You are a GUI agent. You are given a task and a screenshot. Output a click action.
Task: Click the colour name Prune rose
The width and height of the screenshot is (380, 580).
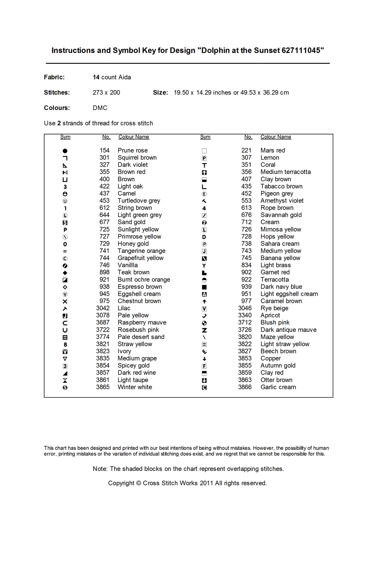[132, 150]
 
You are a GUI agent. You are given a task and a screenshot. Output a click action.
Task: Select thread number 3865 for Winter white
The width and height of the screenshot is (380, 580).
[103, 387]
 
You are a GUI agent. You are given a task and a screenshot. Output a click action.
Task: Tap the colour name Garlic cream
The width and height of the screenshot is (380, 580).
[278, 387]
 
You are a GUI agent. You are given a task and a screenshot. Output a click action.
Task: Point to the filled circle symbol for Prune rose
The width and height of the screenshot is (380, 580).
[65, 151]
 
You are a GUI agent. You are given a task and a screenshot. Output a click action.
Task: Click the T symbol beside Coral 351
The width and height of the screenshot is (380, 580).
[204, 165]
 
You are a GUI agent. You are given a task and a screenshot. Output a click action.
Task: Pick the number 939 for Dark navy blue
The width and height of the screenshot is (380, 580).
[246, 287]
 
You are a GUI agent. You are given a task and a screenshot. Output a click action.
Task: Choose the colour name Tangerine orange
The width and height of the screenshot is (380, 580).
[141, 251]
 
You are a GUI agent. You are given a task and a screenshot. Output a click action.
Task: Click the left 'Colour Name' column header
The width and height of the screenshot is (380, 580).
[133, 137]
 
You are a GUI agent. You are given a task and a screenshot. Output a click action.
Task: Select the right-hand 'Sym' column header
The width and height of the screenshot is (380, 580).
[205, 137]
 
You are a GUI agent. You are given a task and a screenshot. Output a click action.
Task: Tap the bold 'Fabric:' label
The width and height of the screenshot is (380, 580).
[54, 77]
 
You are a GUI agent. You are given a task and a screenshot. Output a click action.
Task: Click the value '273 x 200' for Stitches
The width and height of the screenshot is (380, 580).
[106, 92]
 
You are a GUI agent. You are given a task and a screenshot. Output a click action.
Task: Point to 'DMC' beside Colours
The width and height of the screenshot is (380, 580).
[100, 108]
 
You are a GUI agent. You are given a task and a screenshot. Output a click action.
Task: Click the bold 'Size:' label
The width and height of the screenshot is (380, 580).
[160, 92]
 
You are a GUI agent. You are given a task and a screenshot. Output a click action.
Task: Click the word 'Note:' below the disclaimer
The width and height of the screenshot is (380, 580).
[100, 469]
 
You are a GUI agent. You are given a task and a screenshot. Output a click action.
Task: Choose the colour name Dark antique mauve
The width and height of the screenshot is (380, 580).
[288, 330]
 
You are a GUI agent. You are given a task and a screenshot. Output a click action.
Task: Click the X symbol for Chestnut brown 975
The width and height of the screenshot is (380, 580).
[65, 301]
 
